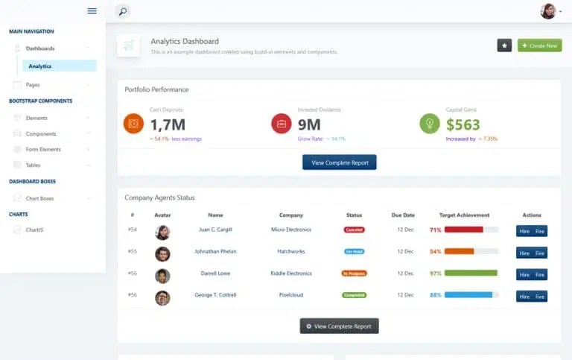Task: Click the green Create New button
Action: (539, 45)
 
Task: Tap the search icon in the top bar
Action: (122, 11)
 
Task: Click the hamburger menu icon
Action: (92, 10)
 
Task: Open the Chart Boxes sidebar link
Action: (39, 198)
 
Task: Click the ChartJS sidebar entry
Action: (35, 230)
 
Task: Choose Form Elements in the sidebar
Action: (43, 149)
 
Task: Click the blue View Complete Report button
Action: (339, 162)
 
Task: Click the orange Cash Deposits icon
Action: (133, 124)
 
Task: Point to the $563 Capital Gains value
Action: (463, 124)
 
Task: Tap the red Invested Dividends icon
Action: (282, 124)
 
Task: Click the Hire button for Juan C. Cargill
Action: (524, 230)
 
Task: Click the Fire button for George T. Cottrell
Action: (540, 297)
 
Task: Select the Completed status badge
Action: (355, 295)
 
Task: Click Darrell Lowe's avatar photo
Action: (162, 276)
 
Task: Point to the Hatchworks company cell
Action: (291, 251)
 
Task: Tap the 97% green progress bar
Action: (471, 274)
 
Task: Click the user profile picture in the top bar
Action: (548, 11)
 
